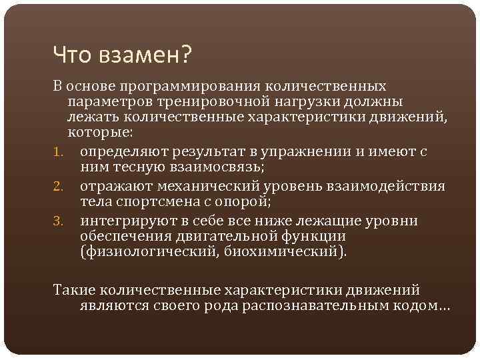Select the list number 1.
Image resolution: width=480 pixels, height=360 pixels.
[x=58, y=151]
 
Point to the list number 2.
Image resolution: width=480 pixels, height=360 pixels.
[x=59, y=186]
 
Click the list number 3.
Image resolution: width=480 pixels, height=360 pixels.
[x=59, y=221]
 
